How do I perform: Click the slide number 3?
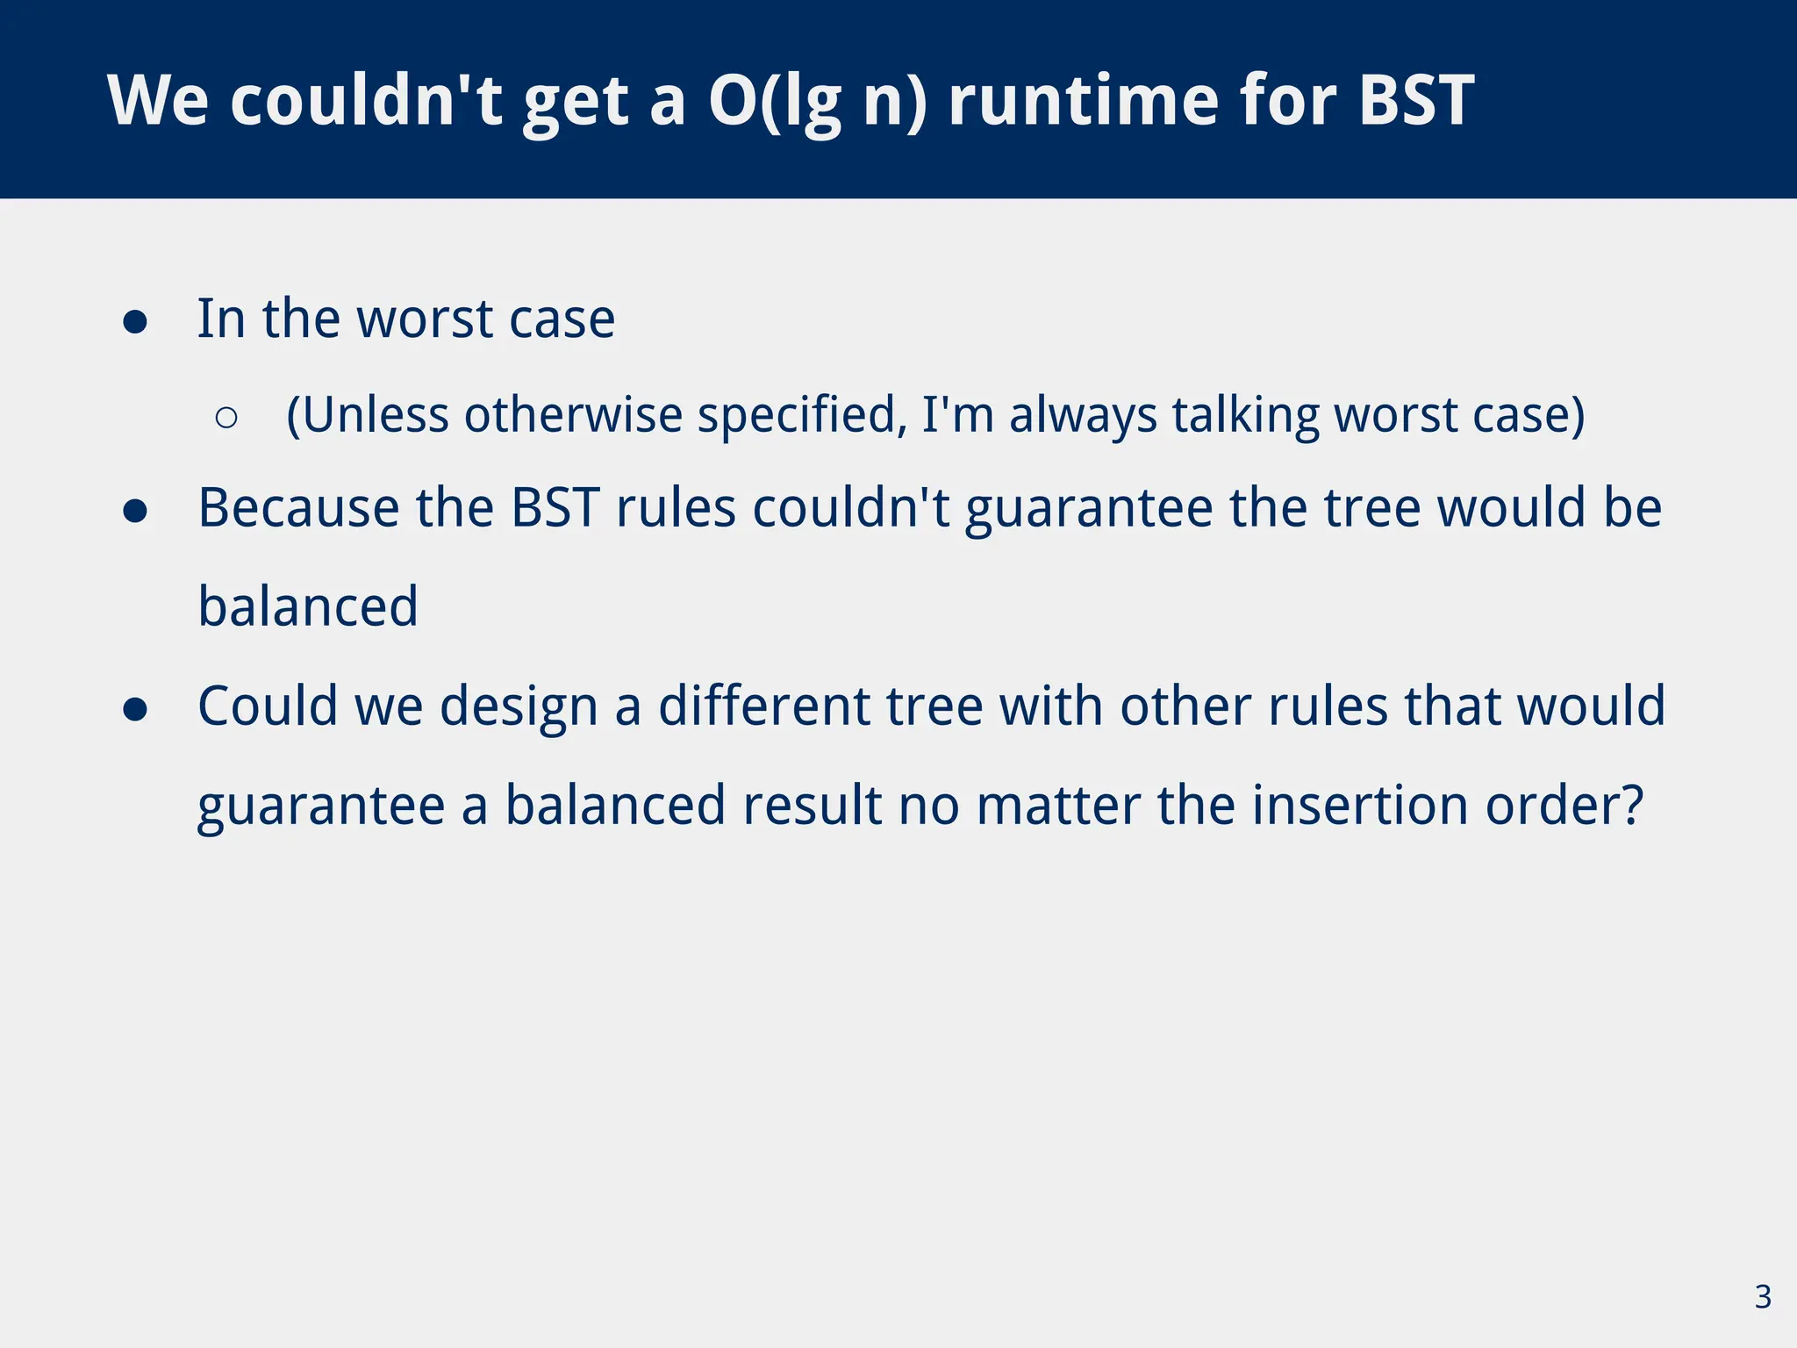[1763, 1296]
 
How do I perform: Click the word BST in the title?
[1416, 100]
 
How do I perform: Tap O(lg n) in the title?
[817, 100]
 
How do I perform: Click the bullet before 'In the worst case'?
[135, 321]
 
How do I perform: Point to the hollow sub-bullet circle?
[226, 418]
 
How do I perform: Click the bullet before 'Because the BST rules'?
[135, 511]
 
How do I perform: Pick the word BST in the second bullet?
[555, 508]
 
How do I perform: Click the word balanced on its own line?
[308, 606]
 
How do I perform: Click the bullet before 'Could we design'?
[135, 709]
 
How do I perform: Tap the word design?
[519, 706]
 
